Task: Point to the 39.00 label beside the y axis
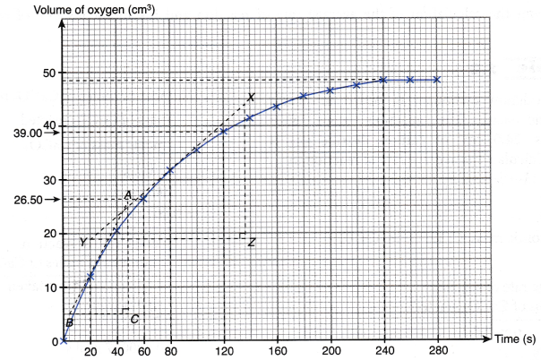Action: click(20, 133)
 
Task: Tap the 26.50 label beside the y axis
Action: click(20, 200)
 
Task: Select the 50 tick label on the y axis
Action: click(51, 73)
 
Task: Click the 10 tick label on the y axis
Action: click(51, 287)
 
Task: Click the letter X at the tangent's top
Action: click(251, 97)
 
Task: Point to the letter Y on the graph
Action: click(82, 242)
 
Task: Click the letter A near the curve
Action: click(128, 194)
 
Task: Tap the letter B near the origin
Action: click(69, 322)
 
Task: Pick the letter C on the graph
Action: click(134, 319)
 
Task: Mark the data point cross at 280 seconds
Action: click(438, 80)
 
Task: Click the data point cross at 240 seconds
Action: click(384, 80)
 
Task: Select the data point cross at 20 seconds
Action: click(90, 277)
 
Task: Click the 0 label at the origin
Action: click(54, 341)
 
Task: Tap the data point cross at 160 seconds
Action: click(277, 107)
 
